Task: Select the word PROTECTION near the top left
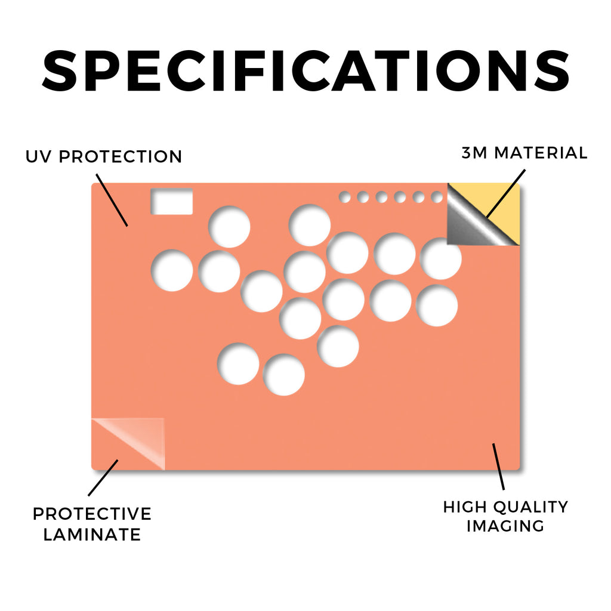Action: [x=121, y=157]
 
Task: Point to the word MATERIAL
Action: [x=541, y=153]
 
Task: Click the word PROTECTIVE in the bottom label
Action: [x=92, y=514]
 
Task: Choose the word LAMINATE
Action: [x=92, y=535]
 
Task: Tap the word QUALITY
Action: [x=530, y=507]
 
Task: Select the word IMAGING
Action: [x=505, y=526]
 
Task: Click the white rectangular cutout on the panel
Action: [x=172, y=202]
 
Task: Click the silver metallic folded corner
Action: [x=470, y=226]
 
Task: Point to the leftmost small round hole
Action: [x=344, y=197]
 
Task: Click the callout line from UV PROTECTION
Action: [x=112, y=200]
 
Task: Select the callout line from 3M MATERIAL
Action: [x=505, y=193]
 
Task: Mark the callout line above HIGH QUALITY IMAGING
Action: [x=498, y=467]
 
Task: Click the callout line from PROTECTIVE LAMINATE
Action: [x=103, y=478]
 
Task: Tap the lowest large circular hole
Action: [x=284, y=375]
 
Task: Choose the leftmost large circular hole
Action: [x=172, y=270]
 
